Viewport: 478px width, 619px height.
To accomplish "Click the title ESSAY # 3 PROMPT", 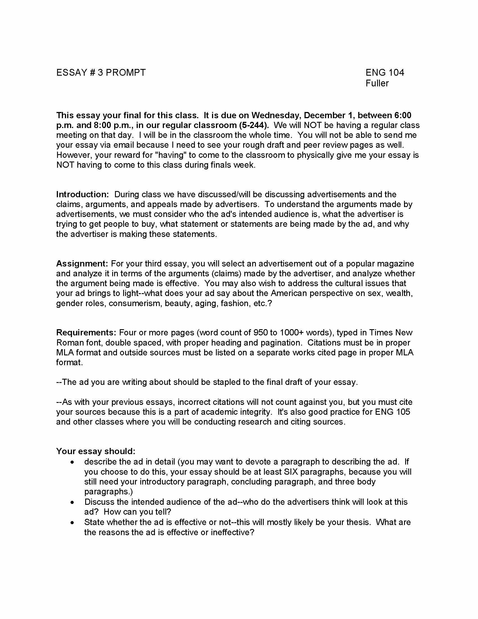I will tap(101, 73).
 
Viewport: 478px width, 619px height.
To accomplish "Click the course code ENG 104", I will tap(385, 73).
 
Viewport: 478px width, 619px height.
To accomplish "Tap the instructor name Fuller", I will tap(377, 83).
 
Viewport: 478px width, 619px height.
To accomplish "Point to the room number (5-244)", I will tap(253, 125).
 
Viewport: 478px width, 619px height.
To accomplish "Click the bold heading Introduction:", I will tap(82, 194).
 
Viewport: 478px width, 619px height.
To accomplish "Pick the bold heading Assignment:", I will tap(82, 264).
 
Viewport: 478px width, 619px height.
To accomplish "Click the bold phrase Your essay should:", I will tap(96, 451).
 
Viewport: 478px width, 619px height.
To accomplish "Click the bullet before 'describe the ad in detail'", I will tap(73, 462).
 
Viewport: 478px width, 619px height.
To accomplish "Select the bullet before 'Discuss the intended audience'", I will tap(73, 502).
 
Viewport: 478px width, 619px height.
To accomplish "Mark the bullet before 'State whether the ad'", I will tap(73, 522).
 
